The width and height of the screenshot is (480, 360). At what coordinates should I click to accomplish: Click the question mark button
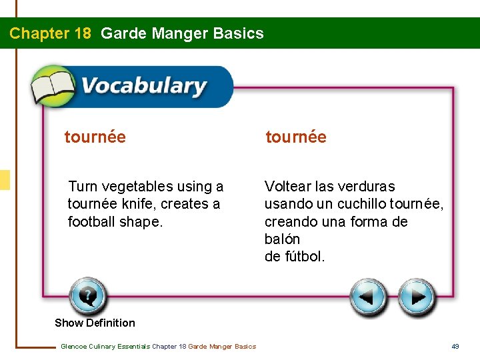click(87, 296)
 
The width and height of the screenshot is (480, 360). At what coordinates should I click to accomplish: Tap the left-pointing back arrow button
click(369, 297)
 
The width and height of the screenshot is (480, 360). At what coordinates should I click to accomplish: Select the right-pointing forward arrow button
click(417, 297)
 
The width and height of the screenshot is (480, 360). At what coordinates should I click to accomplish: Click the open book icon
click(54, 86)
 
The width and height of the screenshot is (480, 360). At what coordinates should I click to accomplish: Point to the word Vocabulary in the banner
click(143, 87)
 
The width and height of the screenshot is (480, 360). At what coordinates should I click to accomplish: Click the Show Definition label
click(95, 323)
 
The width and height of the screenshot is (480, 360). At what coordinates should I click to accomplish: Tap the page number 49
click(455, 346)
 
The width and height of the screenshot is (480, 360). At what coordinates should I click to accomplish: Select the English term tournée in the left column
click(95, 137)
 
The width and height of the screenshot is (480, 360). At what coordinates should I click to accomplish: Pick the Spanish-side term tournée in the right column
click(296, 137)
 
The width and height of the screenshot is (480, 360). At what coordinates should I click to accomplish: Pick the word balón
click(282, 239)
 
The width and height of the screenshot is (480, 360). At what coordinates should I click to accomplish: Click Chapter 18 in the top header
click(50, 33)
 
